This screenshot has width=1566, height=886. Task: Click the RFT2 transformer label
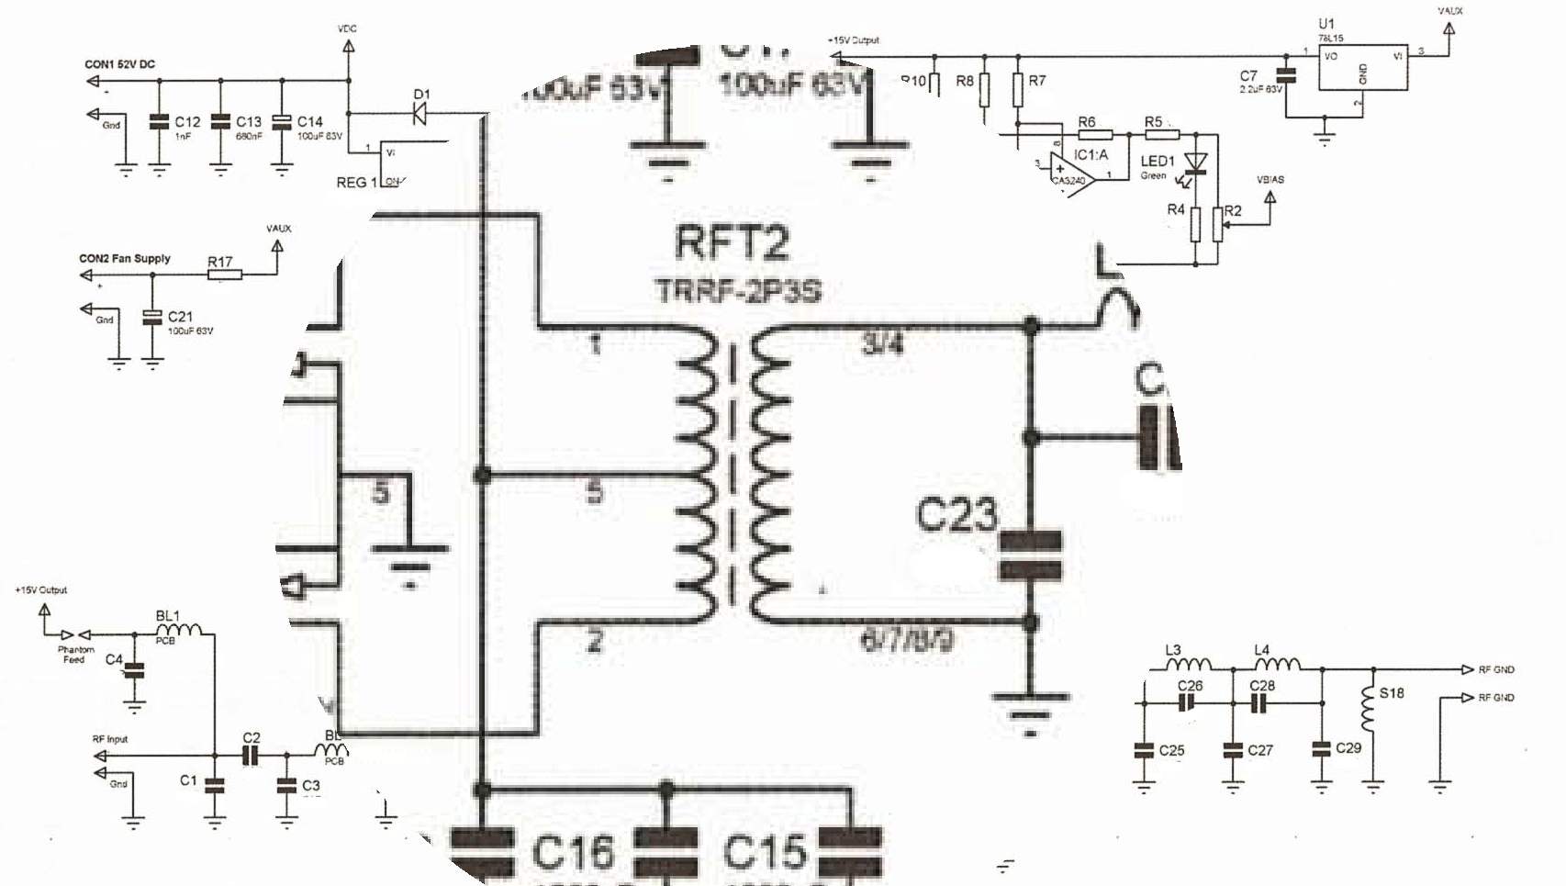pyautogui.click(x=731, y=243)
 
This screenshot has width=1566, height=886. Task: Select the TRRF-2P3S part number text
pyautogui.click(x=738, y=291)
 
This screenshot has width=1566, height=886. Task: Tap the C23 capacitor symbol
pyautogui.click(x=1030, y=555)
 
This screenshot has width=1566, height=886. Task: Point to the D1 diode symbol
pyautogui.click(x=419, y=114)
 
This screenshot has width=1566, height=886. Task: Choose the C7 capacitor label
pyautogui.click(x=1247, y=76)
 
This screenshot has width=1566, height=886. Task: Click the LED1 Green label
pyautogui.click(x=1157, y=166)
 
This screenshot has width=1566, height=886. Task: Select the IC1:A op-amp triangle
pyautogui.click(x=1073, y=172)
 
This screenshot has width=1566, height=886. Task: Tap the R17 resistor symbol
pyautogui.click(x=224, y=274)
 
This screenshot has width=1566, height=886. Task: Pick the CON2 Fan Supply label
pyautogui.click(x=124, y=259)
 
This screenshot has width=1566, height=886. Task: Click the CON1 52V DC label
pyautogui.click(x=119, y=64)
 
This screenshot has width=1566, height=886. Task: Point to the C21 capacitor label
pyautogui.click(x=180, y=317)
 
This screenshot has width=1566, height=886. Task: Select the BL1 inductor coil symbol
pyautogui.click(x=179, y=630)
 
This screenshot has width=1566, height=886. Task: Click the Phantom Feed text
pyautogui.click(x=75, y=654)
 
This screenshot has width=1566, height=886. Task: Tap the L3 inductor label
pyautogui.click(x=1172, y=650)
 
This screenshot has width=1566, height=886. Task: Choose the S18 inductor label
pyautogui.click(x=1391, y=693)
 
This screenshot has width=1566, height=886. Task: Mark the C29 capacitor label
pyautogui.click(x=1348, y=748)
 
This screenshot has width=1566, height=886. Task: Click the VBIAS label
pyautogui.click(x=1270, y=179)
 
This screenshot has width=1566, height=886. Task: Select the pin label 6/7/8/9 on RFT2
pyautogui.click(x=906, y=640)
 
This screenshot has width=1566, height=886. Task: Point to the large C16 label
pyautogui.click(x=572, y=853)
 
